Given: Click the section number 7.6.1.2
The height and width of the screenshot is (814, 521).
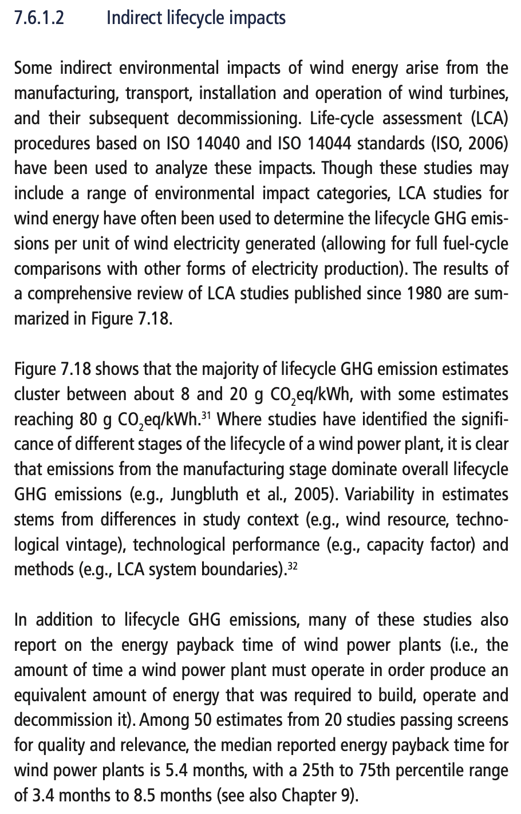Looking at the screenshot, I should point(39,18).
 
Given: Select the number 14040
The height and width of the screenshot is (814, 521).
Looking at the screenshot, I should point(216,143).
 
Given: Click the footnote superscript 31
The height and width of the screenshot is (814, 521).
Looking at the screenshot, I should point(207,414).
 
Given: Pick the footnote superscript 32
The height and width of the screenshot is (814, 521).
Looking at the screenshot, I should point(292,565).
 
